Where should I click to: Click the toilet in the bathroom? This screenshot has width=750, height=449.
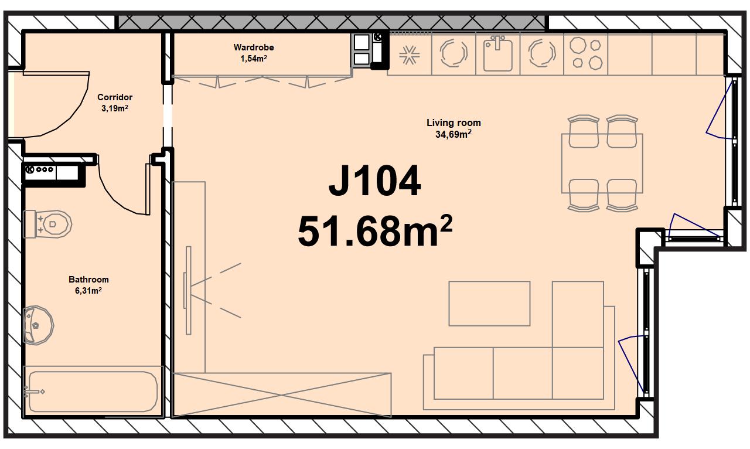pyautogui.click(x=47, y=224)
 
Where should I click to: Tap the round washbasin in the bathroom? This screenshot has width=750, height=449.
pyautogui.click(x=38, y=325)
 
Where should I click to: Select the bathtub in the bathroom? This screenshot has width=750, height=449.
pyautogui.click(x=93, y=392)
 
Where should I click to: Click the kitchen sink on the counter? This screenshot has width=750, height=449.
pyautogui.click(x=498, y=53)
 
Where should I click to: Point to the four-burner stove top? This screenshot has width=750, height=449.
pyautogui.click(x=586, y=53)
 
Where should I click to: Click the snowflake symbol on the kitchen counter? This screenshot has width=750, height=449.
pyautogui.click(x=409, y=55)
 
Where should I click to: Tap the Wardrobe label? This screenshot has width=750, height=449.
pyautogui.click(x=254, y=47)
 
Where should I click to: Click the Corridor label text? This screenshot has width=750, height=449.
pyautogui.click(x=115, y=97)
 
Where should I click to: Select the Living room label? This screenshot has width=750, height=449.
pyautogui.click(x=454, y=123)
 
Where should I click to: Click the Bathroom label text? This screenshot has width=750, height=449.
pyautogui.click(x=88, y=280)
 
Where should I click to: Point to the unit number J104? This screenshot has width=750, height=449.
pyautogui.click(x=374, y=181)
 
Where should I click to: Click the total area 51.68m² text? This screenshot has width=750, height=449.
pyautogui.click(x=375, y=231)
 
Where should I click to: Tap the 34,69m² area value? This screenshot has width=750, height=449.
pyautogui.click(x=454, y=134)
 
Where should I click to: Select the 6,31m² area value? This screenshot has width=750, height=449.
pyautogui.click(x=88, y=291)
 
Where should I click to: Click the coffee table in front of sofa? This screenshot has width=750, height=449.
pyautogui.click(x=489, y=304)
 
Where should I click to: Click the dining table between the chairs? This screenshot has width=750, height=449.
pyautogui.click(x=602, y=164)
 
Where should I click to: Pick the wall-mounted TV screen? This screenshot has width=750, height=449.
pyautogui.click(x=188, y=291)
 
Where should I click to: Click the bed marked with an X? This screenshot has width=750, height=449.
pyautogui.click(x=281, y=395)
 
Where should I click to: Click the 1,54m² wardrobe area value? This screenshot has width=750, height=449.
pyautogui.click(x=254, y=59)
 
